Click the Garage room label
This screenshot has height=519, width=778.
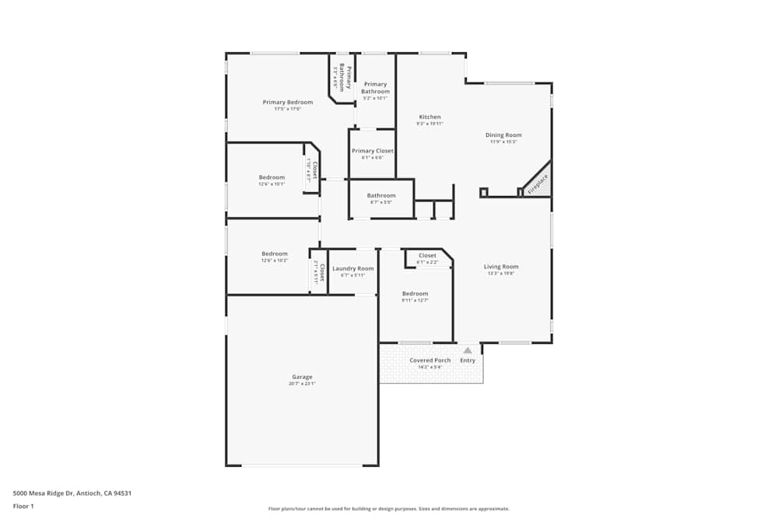pos(302,377)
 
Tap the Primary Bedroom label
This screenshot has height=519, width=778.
pos(287,103)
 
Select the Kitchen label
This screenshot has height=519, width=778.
pos(429,117)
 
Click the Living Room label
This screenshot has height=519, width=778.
pos(501,267)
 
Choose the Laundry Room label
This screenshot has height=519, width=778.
pos(352,268)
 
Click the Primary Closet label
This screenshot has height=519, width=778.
pos(372,151)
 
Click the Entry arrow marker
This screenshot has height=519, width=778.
pos(468,351)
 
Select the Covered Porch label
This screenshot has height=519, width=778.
pos(430,360)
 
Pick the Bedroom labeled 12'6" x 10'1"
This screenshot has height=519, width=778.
pos(272,177)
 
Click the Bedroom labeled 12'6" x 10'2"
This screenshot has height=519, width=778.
pos(274,254)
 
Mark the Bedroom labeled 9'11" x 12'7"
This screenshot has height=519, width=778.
pos(415,293)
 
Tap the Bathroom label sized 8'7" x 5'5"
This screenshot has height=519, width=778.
pos(381,196)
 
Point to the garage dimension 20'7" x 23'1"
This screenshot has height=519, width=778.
pos(302,384)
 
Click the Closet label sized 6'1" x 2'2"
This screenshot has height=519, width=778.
pos(427,256)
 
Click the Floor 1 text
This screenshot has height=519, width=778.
pos(23,506)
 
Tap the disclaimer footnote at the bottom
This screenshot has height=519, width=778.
pos(389,509)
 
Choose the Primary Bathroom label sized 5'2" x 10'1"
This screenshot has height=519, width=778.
pos(375,88)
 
